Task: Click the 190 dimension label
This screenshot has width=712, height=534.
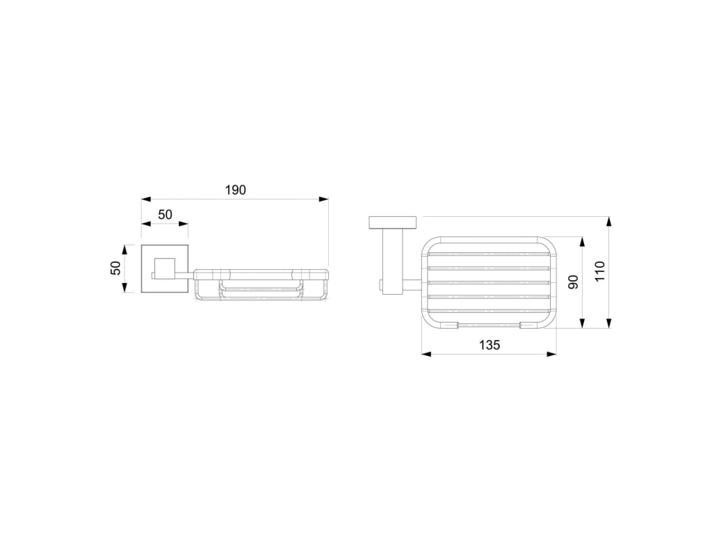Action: tap(235, 190)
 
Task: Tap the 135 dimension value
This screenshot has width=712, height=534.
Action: tap(489, 345)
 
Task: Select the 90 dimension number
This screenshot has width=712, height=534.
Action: tap(573, 282)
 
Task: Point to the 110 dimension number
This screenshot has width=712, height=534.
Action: tap(600, 272)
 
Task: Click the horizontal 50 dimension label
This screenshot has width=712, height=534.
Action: tap(165, 214)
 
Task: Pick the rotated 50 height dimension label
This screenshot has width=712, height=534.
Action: tap(116, 268)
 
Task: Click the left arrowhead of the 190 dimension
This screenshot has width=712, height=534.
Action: tap(146, 199)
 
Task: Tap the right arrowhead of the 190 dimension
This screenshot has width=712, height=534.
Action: tap(324, 199)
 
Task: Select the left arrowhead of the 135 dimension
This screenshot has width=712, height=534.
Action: tap(426, 354)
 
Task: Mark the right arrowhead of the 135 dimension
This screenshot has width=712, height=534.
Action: tap(551, 354)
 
